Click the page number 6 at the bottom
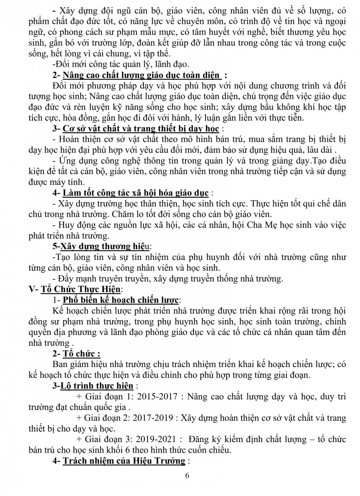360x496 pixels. pos(187,476)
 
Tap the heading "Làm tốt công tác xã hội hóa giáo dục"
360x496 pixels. pos(136,193)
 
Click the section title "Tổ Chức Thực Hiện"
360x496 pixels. pos(81,289)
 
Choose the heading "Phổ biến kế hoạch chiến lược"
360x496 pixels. pos(121,300)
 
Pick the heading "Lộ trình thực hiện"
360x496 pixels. pos(97,386)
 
